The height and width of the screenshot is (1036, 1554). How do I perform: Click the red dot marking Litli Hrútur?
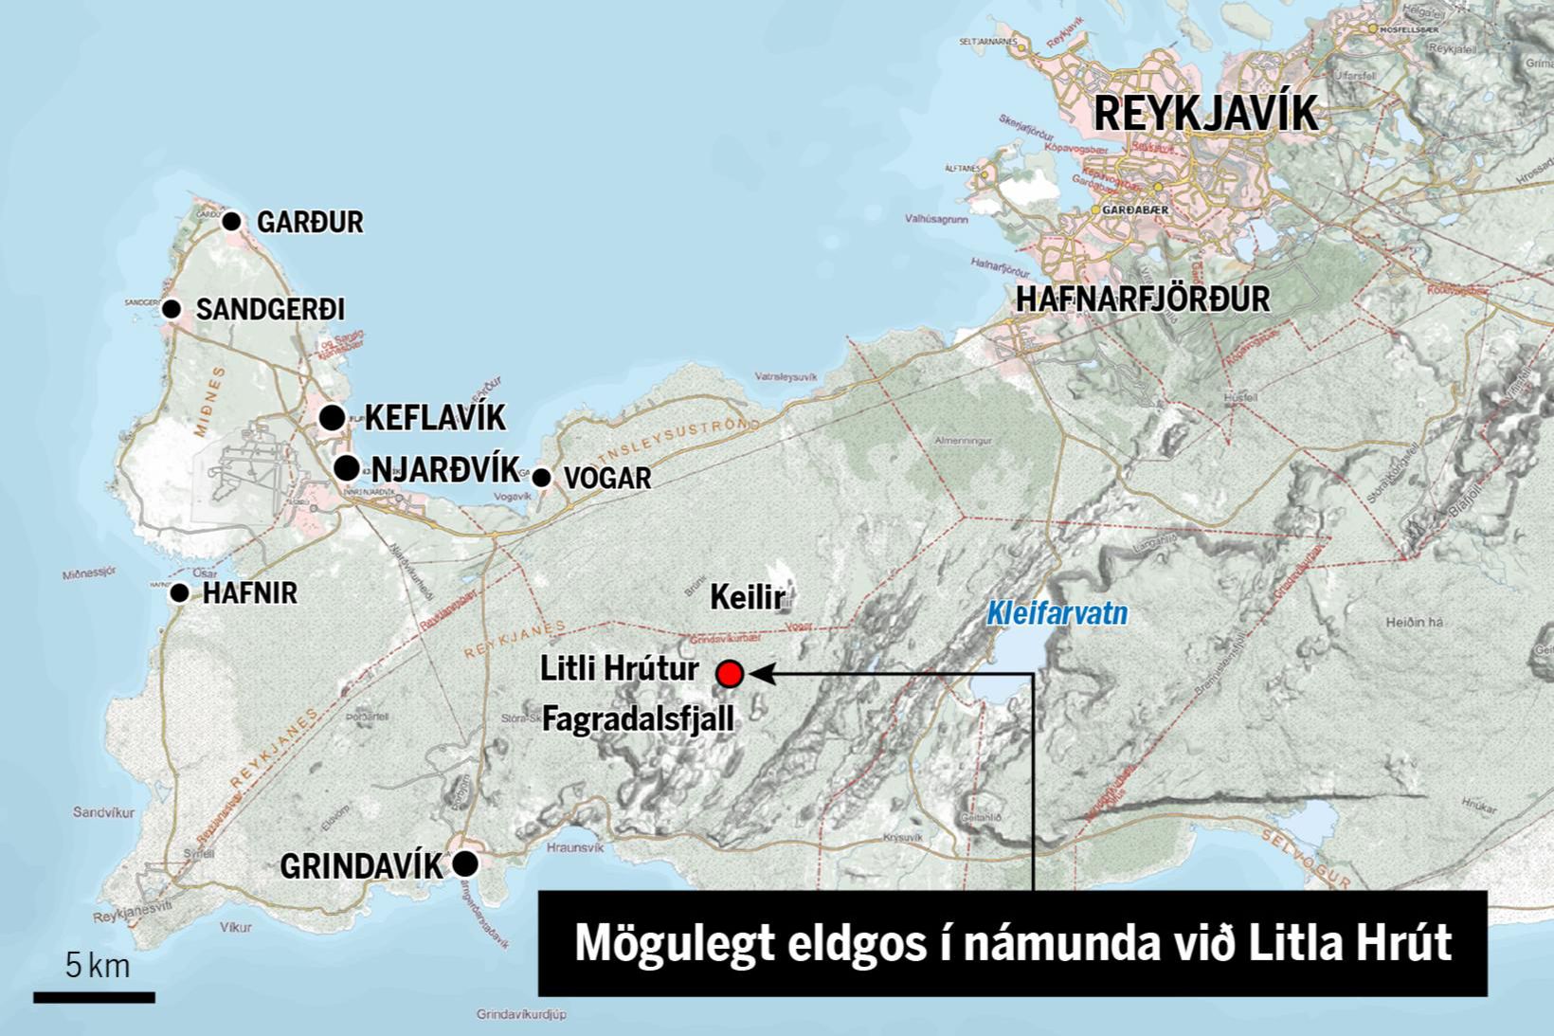pos(729,674)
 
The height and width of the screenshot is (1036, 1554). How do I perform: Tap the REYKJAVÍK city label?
pos(1205,114)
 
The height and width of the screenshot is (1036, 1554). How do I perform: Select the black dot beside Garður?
pos(232,221)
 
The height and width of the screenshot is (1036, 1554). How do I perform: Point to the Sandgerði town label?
pos(270,309)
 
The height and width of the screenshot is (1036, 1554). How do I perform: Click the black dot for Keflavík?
pos(332,417)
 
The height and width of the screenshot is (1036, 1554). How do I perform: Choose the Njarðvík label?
pos(445,469)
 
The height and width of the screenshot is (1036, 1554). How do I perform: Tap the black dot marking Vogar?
pos(541,478)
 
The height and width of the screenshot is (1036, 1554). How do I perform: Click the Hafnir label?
pos(250,593)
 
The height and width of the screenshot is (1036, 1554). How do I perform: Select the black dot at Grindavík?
pos(464,863)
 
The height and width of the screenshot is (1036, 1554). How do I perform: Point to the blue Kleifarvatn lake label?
pos(1057,614)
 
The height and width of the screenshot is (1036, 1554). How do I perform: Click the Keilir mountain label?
pos(748,597)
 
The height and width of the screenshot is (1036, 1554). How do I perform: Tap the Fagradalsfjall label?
pos(638,719)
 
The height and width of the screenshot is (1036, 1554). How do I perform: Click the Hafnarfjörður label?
pos(1142,300)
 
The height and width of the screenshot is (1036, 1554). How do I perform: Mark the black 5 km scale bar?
pos(94,996)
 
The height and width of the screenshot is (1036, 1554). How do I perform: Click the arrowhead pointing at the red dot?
pos(762,674)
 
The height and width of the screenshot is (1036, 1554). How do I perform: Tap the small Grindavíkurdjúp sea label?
pos(521,1014)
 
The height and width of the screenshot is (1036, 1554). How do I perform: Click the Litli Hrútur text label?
pos(620,669)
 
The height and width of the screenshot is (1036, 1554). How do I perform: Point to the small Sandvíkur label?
pos(103,812)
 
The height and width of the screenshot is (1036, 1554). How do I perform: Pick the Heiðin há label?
pos(1414,622)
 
